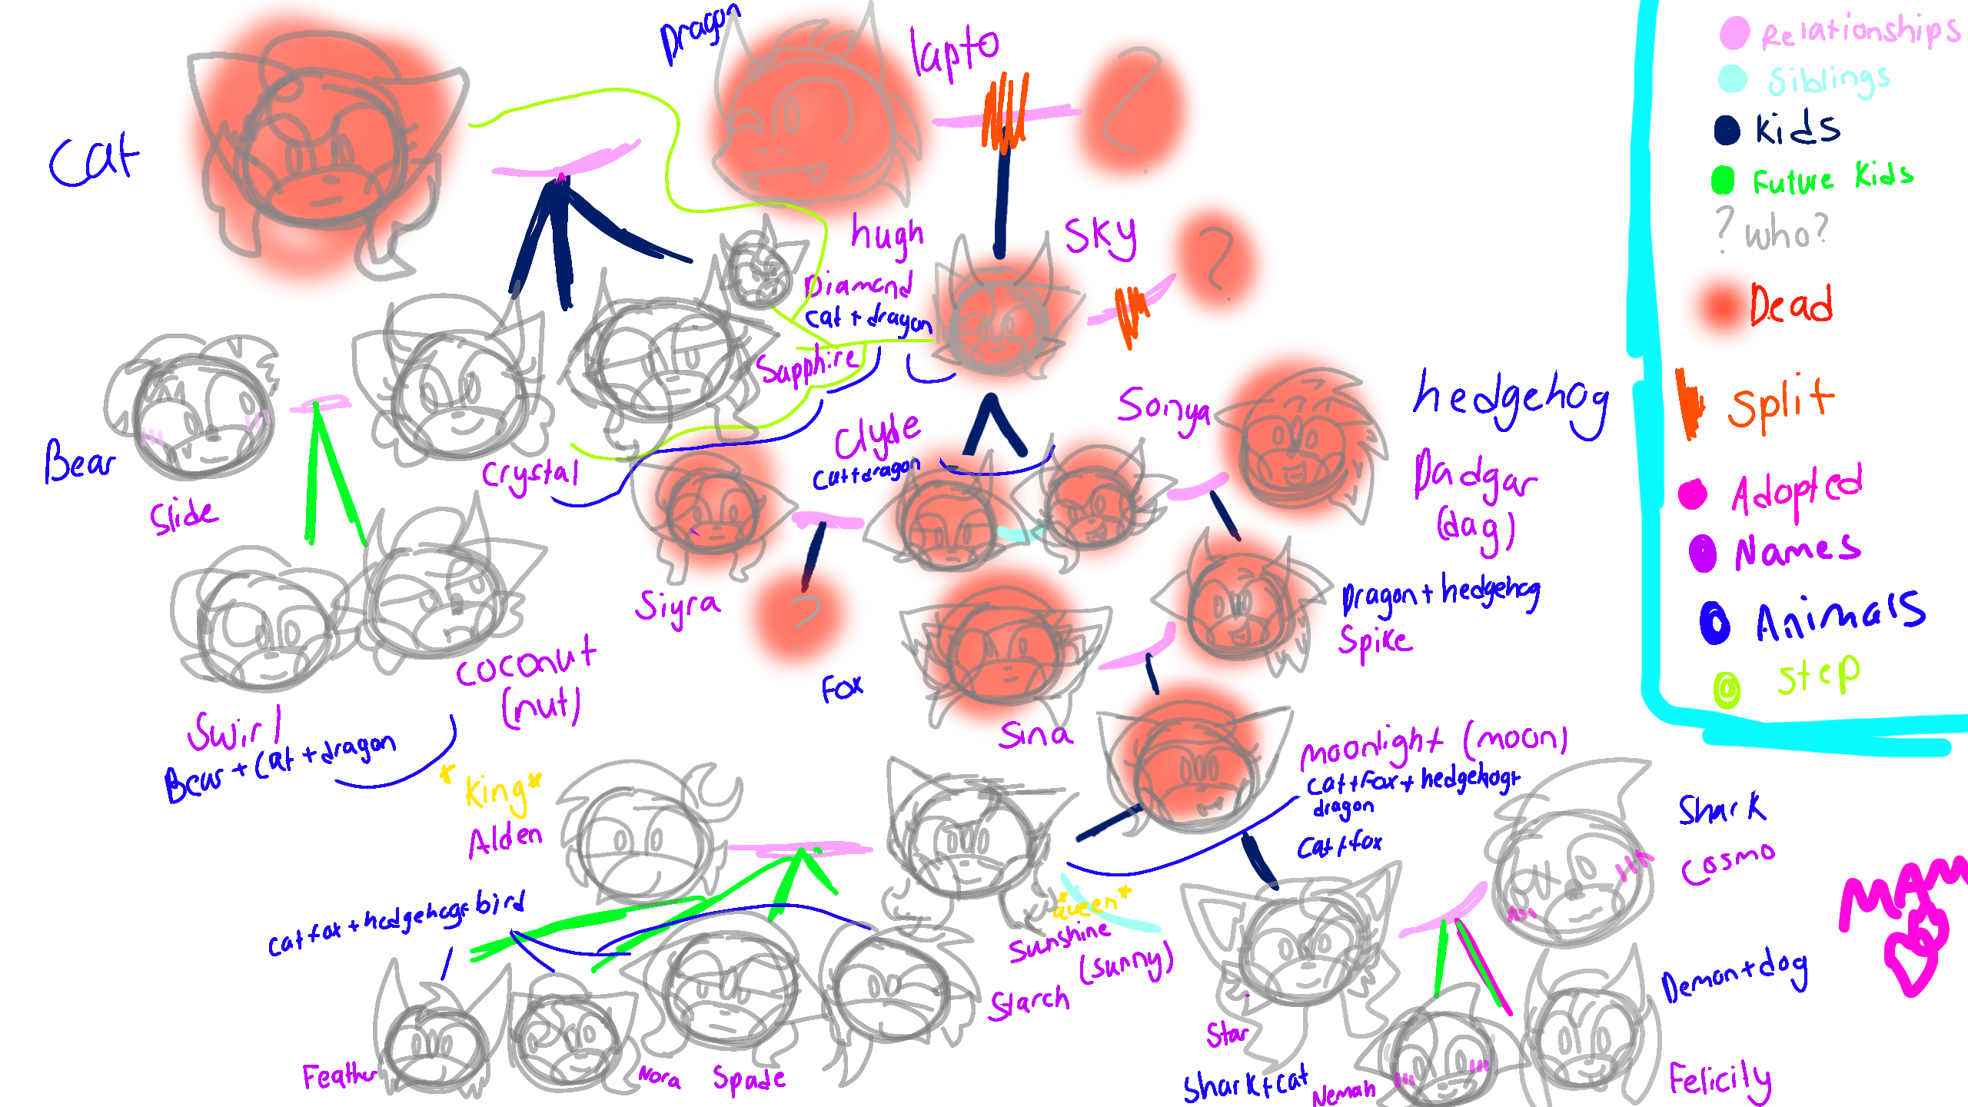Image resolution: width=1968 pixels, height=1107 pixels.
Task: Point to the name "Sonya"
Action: tap(1163, 411)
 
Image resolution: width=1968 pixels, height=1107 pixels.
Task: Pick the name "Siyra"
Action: tap(677, 607)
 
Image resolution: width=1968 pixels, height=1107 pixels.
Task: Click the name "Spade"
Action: tap(748, 1078)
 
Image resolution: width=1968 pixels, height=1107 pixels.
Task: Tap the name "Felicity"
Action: tap(1720, 1080)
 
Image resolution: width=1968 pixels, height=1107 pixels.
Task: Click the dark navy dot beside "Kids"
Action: tap(1727, 130)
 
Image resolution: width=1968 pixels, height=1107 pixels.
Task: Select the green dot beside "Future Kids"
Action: tap(1723, 181)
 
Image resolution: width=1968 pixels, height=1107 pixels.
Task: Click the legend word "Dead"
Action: tap(1791, 305)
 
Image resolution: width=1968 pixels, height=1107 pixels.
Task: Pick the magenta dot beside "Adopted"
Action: tap(1693, 494)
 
